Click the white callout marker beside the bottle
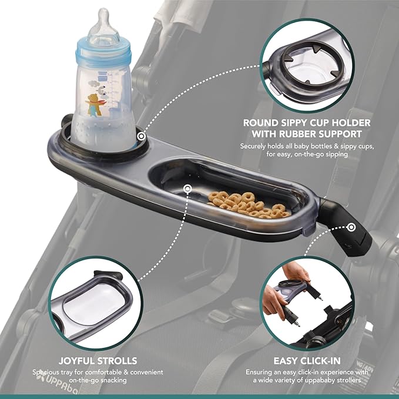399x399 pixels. tap(141, 136)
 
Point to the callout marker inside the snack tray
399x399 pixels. tap(187, 189)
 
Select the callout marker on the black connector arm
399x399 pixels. tap(351, 226)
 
